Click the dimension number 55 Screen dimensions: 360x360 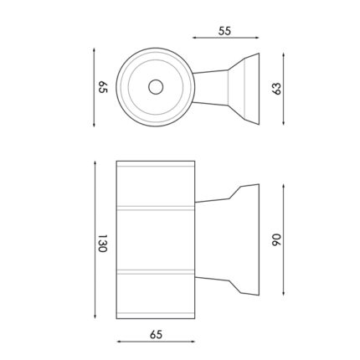[x=224, y=31]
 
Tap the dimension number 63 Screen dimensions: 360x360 [x=277, y=89]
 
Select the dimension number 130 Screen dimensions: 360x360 [x=103, y=243]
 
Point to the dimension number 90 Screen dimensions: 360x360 [x=277, y=239]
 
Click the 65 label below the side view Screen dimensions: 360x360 [x=156, y=334]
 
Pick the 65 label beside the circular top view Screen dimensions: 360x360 [x=103, y=87]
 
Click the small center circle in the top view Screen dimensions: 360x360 [x=156, y=87]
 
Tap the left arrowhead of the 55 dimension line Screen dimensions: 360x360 [x=194, y=38]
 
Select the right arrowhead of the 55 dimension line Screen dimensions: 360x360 [x=257, y=38]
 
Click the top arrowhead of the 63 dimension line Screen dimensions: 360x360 [x=284, y=54]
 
